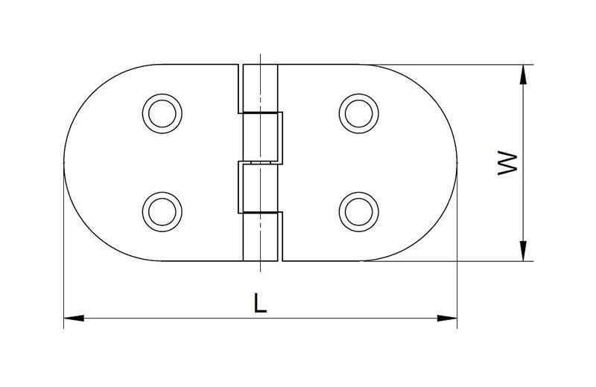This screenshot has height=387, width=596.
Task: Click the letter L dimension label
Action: [259, 303]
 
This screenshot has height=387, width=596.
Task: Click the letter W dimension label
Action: [508, 163]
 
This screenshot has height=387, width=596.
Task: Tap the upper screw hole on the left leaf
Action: [162, 114]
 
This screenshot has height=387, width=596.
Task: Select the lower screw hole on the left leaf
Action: [162, 211]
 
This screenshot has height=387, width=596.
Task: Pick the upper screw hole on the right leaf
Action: [359, 114]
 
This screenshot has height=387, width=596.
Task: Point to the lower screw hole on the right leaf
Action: [359, 211]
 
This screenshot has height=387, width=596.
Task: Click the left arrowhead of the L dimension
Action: [74, 318]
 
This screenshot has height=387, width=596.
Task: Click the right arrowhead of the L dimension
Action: [447, 318]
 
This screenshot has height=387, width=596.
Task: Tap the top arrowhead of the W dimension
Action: [524, 74]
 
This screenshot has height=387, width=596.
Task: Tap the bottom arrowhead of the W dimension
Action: [524, 251]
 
